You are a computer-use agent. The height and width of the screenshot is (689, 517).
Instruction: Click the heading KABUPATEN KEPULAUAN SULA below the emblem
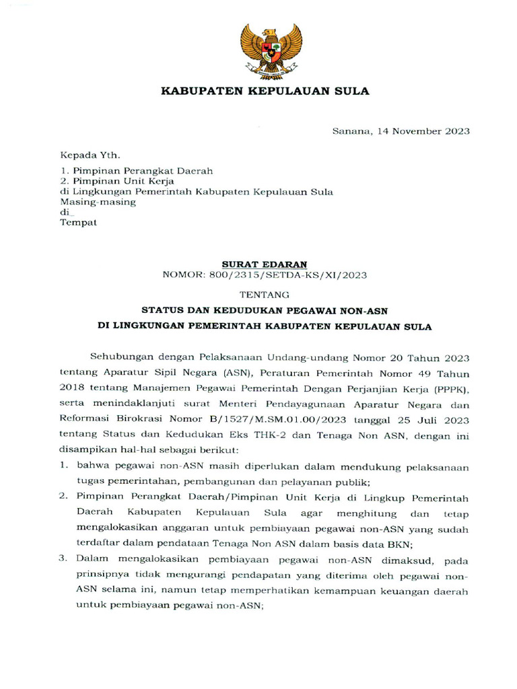265,92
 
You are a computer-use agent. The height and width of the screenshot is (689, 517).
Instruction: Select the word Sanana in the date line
350,131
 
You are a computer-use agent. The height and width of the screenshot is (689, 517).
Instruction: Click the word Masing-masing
98,201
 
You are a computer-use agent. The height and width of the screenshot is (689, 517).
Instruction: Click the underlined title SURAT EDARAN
265,264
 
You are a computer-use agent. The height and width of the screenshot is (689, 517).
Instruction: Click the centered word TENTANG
265,295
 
